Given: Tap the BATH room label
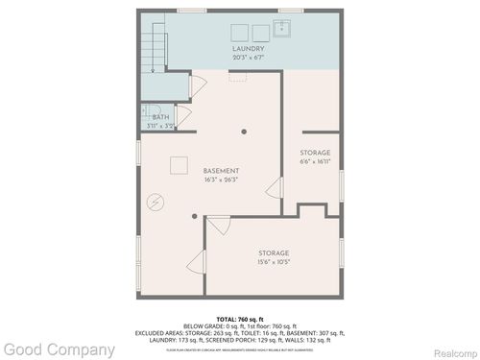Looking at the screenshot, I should click(159, 117).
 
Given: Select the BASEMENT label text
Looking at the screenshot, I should click(221, 171).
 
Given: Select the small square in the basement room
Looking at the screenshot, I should click(179, 164).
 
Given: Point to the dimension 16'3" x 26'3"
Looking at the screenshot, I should click(221, 180).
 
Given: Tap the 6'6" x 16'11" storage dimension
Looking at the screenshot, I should click(315, 161).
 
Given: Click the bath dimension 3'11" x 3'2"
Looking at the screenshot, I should click(159, 126).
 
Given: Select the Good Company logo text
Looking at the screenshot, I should click(58, 350).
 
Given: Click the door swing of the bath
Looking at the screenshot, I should click(184, 115).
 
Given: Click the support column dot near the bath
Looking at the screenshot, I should click(245, 132).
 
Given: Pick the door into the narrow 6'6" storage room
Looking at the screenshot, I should click(275, 187).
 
